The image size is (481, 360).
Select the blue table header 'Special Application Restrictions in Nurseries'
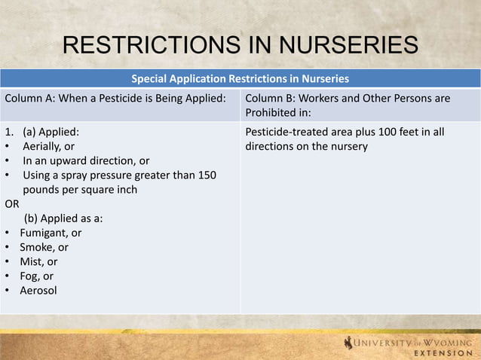240,78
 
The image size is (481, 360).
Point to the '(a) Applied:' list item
51,132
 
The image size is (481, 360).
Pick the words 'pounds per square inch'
80,190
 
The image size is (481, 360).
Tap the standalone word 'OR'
12,204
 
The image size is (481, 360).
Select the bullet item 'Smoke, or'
44,247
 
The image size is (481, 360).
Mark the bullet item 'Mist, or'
40,261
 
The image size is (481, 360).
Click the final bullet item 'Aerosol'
38,290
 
